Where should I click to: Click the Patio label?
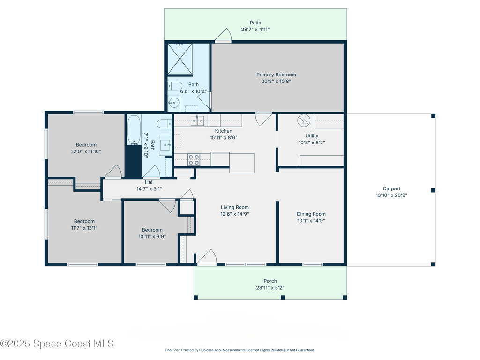[255, 22]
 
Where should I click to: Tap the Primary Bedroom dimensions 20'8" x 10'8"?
[276, 82]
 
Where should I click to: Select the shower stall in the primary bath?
[180, 59]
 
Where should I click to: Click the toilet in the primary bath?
[175, 86]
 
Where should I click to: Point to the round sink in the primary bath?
[174, 102]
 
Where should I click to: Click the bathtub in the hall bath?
[134, 129]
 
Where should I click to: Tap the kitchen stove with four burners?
[194, 160]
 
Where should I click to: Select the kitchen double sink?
[197, 120]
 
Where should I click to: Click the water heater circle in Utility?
[304, 120]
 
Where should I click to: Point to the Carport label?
[391, 188]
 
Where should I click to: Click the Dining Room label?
[311, 214]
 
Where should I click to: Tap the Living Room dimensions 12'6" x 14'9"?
[235, 214]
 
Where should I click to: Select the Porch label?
[270, 281]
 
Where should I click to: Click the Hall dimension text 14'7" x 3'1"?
[149, 189]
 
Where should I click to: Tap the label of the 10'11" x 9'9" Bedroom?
[152, 230]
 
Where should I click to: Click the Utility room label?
[312, 136]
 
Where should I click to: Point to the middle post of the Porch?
[283, 297]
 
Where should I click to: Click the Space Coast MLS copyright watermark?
[57, 344]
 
